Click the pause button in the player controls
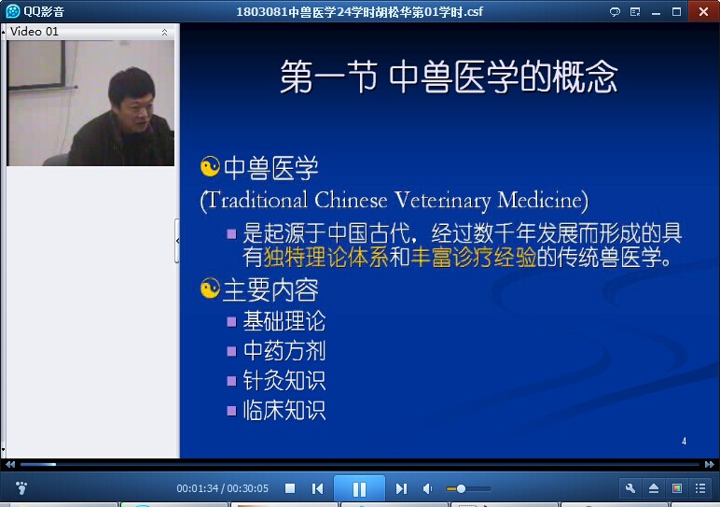tap(359, 488)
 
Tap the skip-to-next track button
tap(401, 488)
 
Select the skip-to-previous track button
tap(317, 488)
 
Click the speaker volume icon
tap(427, 488)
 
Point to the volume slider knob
tap(461, 488)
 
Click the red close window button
tap(703, 11)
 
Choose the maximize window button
tap(676, 12)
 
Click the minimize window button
tap(657, 13)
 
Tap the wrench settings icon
tap(630, 488)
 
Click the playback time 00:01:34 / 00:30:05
tap(222, 488)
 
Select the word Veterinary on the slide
tap(443, 201)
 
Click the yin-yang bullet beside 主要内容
tap(210, 289)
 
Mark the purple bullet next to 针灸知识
tap(232, 381)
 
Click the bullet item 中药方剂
tap(284, 351)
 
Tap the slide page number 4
tap(684, 442)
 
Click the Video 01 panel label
tap(34, 32)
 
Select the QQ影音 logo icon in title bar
tap(12, 11)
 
